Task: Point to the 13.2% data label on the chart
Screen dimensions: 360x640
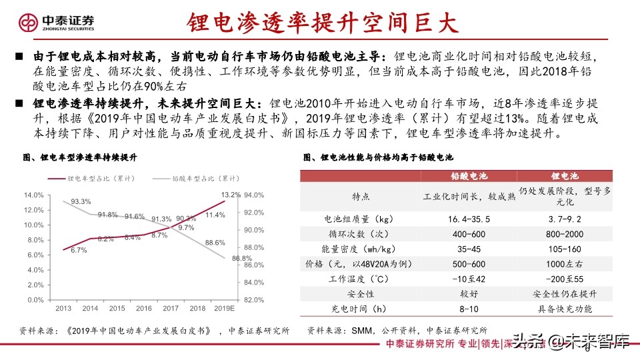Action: tap(231, 195)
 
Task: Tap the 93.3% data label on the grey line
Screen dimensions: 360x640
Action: tap(81, 201)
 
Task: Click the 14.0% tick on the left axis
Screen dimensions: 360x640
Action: tap(33, 195)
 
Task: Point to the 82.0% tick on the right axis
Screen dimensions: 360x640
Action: tap(255, 300)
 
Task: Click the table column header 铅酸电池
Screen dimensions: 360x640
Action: tap(470, 176)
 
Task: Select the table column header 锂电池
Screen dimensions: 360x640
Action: tap(563, 176)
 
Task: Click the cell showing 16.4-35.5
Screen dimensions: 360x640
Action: tap(470, 219)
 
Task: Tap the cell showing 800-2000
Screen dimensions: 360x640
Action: tap(563, 234)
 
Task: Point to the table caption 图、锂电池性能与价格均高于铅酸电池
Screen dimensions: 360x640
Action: tap(377, 157)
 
